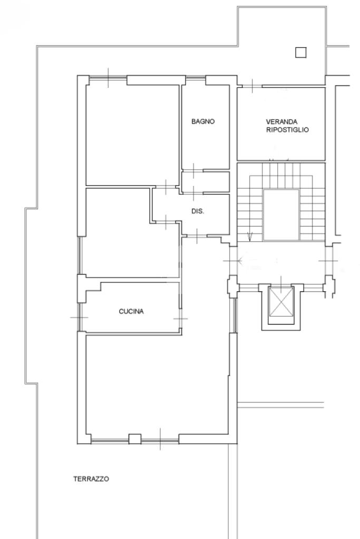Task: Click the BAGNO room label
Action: coord(203,121)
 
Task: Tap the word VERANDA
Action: coord(281,122)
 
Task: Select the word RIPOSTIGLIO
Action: coord(287,130)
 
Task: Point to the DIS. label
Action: coord(198,211)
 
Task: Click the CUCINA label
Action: coord(131,311)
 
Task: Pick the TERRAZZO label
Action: coord(91,478)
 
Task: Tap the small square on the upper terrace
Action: coord(301,53)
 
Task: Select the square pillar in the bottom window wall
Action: coord(135,439)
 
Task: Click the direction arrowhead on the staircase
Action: coord(250,237)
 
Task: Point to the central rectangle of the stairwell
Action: coord(281,214)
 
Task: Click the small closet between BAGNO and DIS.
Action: coord(206,182)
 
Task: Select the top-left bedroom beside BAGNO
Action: coord(132,135)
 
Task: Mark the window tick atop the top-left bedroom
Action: coord(108,78)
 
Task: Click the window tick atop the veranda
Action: coord(252,86)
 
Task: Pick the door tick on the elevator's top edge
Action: coord(281,285)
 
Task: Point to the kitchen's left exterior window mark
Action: coord(79,317)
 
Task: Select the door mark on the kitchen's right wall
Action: coord(180,318)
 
